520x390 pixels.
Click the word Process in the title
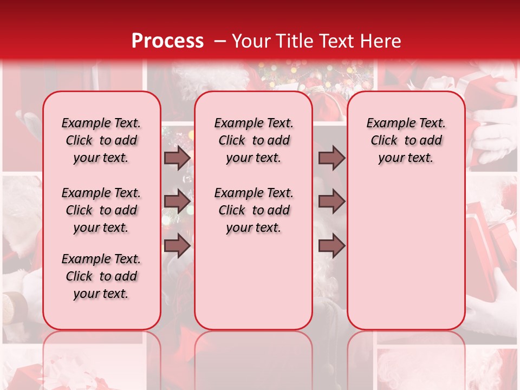coord(167,41)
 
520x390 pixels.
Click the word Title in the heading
coord(296,41)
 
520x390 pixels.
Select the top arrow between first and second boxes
coord(177,158)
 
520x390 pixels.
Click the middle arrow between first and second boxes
coord(177,201)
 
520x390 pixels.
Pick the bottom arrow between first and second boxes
coord(177,245)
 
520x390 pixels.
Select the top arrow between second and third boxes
coord(331,158)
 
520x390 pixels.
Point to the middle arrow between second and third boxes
coord(331,201)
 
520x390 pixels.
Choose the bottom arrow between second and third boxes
coord(331,245)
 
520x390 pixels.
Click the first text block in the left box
coord(101,140)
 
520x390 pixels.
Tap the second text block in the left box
coord(101,210)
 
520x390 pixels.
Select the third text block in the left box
coord(101,276)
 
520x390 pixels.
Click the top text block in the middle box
coord(254,140)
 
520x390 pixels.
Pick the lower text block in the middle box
coord(254,210)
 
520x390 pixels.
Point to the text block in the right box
coord(406,140)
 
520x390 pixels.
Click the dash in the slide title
coord(220,42)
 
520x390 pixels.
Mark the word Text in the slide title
coord(337,41)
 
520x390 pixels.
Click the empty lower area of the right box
coord(406,249)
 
